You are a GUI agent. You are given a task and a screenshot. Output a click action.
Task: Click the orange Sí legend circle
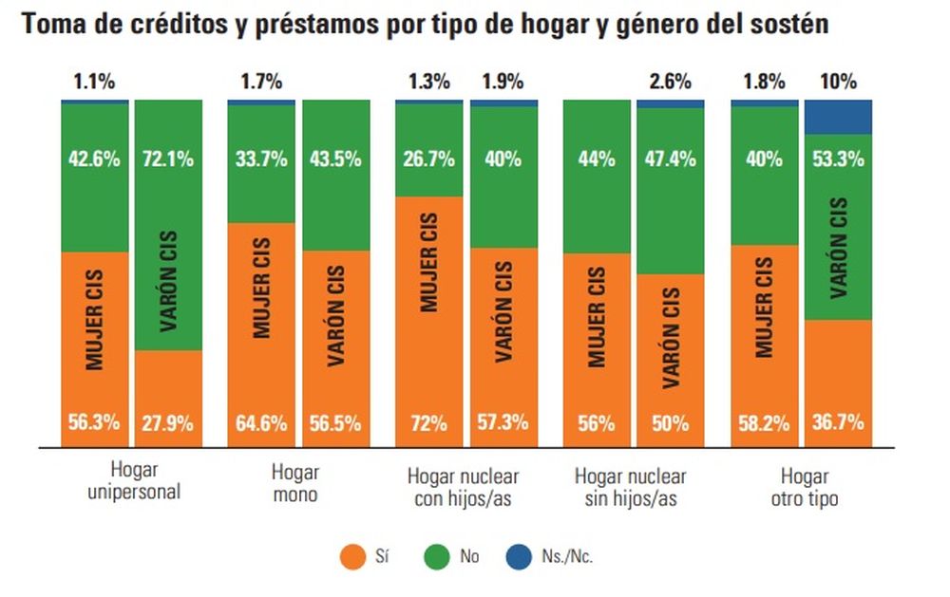point(352,557)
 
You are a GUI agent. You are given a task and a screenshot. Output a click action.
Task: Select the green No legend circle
point(437,557)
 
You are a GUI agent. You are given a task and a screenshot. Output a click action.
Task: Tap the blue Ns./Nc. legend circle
point(520,557)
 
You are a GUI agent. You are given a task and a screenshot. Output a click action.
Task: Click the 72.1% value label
point(168,159)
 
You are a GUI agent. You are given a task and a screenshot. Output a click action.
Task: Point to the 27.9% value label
point(168,422)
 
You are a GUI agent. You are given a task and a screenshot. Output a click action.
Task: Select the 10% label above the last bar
point(839,82)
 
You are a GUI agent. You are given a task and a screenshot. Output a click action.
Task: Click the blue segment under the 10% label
point(839,117)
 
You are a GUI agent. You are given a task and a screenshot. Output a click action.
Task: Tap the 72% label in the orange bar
point(429,422)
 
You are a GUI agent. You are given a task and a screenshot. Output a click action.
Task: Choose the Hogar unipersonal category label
point(135,481)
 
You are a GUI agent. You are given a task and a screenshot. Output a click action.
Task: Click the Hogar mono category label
point(295,483)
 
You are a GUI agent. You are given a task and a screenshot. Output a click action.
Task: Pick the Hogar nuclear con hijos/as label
point(463,488)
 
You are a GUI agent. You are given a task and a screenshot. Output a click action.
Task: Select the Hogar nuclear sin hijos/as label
point(630,488)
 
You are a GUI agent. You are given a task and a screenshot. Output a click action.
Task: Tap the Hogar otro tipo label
point(805,488)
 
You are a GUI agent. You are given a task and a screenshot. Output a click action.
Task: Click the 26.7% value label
point(429,159)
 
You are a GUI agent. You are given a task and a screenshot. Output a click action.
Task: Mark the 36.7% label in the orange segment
point(839,422)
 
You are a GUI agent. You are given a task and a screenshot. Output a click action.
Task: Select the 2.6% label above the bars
point(671,82)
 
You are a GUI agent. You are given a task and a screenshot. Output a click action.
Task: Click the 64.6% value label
point(261,422)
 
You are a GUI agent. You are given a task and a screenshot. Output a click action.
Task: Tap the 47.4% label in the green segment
point(671,159)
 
